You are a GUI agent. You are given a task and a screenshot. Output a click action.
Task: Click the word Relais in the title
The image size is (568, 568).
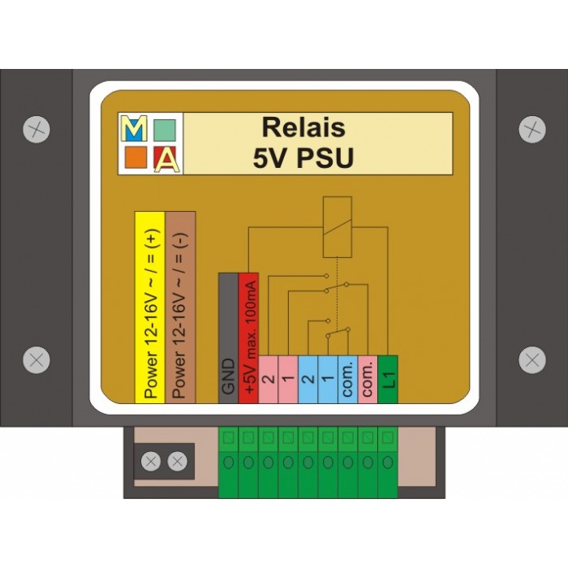click(303, 127)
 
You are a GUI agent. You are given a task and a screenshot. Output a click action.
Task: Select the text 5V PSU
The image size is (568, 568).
click(303, 157)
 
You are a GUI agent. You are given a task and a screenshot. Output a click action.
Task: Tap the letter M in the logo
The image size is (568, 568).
click(134, 127)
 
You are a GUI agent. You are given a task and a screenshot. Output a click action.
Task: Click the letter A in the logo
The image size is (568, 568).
click(167, 159)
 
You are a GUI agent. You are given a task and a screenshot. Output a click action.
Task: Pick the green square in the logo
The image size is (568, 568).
click(166, 129)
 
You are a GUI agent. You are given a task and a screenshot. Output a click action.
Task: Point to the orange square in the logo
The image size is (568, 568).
click(135, 157)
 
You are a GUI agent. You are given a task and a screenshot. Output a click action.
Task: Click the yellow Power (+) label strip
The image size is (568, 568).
click(149, 306)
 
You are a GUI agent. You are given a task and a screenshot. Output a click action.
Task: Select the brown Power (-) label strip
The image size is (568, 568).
click(180, 306)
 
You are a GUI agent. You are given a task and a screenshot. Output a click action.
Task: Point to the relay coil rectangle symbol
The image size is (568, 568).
click(337, 213)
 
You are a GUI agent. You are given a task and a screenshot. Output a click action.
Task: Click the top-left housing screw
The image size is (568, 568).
click(37, 128)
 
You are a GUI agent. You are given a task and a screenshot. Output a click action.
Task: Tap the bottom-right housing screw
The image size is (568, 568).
click(531, 359)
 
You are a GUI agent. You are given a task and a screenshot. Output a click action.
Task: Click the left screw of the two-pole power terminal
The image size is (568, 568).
click(150, 462)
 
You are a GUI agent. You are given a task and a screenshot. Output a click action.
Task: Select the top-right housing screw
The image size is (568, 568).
click(531, 128)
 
